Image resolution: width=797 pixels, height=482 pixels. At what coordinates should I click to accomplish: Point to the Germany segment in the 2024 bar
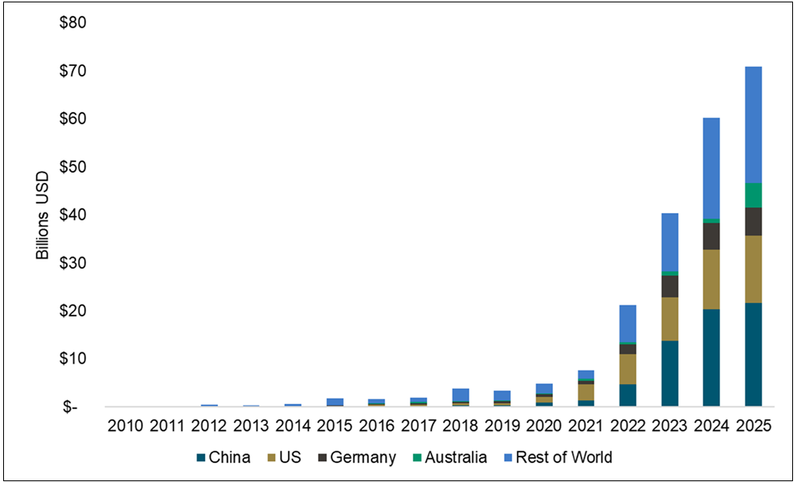(705, 236)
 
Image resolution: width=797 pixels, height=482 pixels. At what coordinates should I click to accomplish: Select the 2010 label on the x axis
(126, 426)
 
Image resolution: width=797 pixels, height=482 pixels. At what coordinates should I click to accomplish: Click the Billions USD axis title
(42, 214)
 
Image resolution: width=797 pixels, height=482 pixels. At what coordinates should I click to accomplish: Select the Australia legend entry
(456, 457)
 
